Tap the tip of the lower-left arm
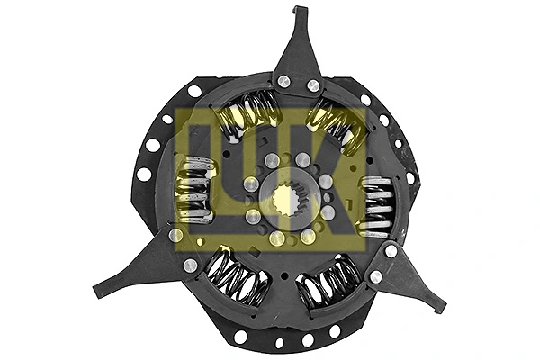(97, 292)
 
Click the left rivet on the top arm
(284, 82)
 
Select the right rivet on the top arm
(313, 85)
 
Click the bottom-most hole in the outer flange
(279, 342)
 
